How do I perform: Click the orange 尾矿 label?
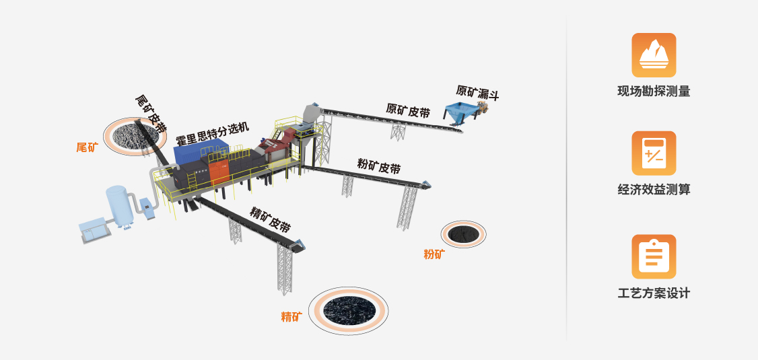coord(87,147)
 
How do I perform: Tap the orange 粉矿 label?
coord(434,254)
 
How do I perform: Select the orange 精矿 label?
coord(291,316)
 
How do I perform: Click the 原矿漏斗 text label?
coord(477,93)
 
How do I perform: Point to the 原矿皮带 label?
coord(408,111)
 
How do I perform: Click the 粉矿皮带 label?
coord(379,166)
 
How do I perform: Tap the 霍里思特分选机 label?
coord(212,135)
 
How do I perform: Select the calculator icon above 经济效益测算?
coord(654,153)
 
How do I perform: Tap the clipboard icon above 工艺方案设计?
coord(654,256)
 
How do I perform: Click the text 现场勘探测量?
coord(654,92)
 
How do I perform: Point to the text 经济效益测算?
coord(654,190)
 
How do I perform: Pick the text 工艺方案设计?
coord(654,293)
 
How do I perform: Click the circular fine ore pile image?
coord(463,233)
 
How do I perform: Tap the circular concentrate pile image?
coord(348,309)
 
